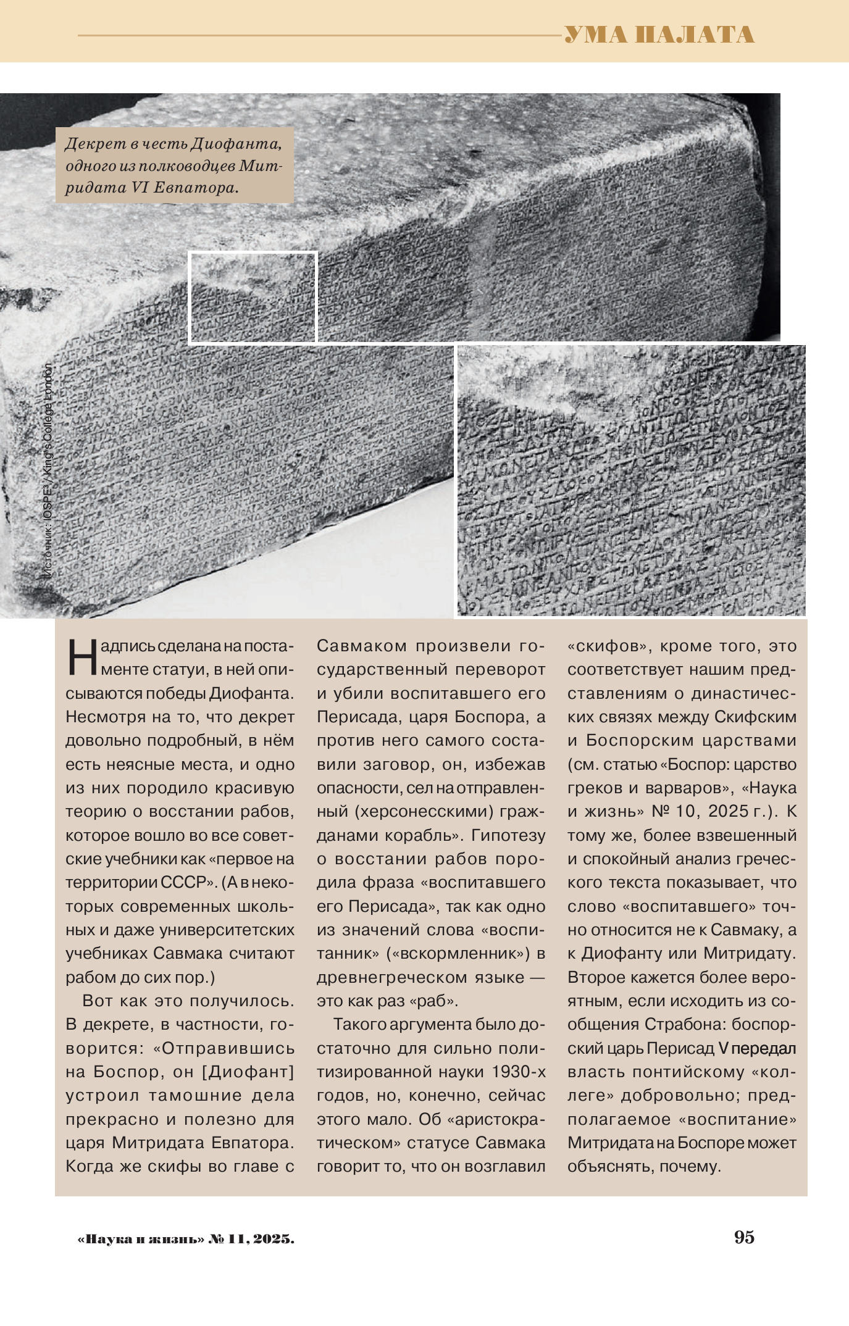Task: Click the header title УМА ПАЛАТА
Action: pos(659,35)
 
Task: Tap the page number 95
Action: pos(744,1237)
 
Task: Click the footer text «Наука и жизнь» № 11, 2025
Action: pos(186,1238)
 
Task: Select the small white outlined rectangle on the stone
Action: pos(253,297)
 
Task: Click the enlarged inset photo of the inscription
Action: pos(631,481)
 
